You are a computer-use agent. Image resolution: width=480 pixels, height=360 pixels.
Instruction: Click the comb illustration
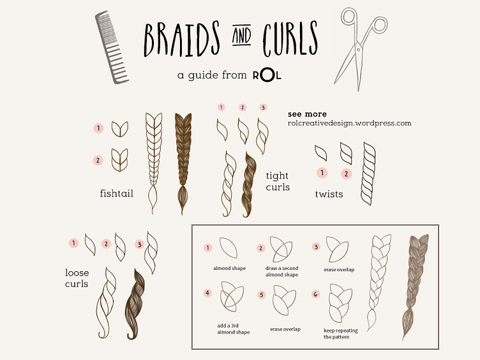pyautogui.click(x=111, y=47)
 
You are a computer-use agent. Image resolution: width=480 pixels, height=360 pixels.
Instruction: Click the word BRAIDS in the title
pyautogui.click(x=182, y=39)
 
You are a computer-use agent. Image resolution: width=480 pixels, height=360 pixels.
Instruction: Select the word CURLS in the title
pyautogui.click(x=290, y=38)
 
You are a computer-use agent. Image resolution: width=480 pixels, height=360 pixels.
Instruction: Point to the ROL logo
pyautogui.click(x=267, y=75)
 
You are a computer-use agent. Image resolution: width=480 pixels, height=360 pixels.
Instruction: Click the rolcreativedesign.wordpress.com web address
pyautogui.click(x=349, y=123)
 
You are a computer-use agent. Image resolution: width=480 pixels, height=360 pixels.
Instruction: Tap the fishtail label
pyautogui.click(x=117, y=193)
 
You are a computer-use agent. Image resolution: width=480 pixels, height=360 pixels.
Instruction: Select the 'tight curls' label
pyautogui.click(x=278, y=181)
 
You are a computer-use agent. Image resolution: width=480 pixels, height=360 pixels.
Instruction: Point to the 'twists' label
pyautogui.click(x=329, y=194)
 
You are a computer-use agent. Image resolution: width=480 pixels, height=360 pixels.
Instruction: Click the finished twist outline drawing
pyautogui.click(x=368, y=173)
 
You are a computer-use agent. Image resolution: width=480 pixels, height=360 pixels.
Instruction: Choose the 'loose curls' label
pyautogui.click(x=77, y=278)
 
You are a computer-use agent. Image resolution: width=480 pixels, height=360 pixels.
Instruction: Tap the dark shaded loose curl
pyautogui.click(x=135, y=304)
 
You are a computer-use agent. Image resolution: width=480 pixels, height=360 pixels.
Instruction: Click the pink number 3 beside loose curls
pyautogui.click(x=140, y=244)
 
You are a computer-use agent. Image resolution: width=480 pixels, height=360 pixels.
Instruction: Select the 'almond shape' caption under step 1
pyautogui.click(x=230, y=268)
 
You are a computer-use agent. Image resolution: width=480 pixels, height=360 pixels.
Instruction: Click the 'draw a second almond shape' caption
pyautogui.click(x=281, y=271)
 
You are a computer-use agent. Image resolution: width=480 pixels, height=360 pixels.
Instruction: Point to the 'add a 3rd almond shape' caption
pyautogui.click(x=233, y=329)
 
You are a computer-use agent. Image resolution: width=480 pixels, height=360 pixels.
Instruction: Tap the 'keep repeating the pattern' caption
pyautogui.click(x=340, y=334)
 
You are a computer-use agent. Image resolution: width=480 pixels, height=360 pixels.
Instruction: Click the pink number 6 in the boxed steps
pyautogui.click(x=315, y=294)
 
